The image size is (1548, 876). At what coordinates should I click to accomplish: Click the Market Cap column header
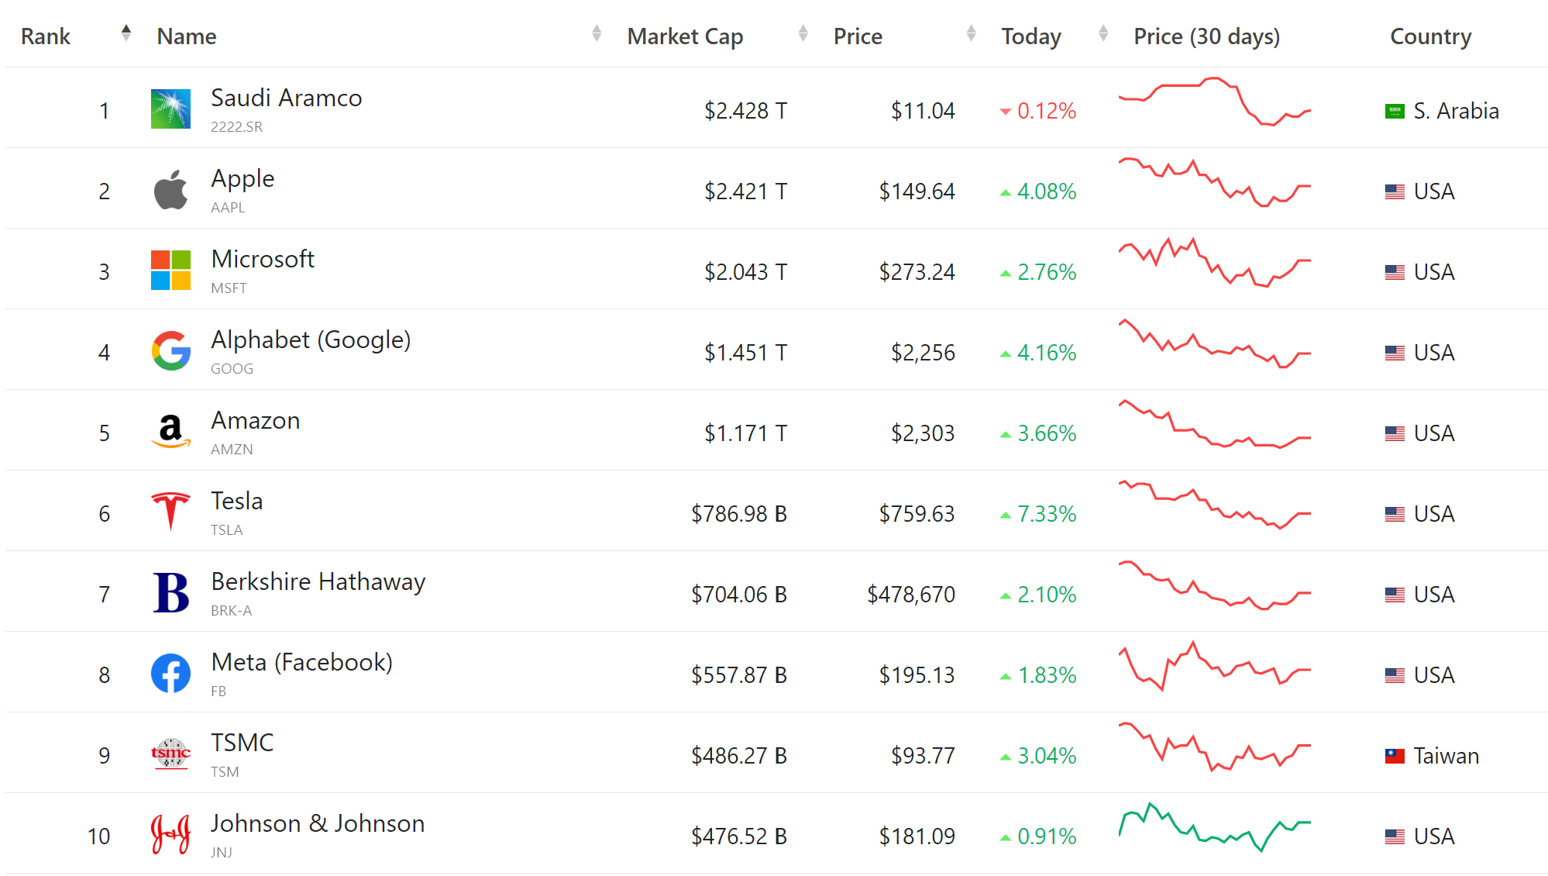[x=685, y=36]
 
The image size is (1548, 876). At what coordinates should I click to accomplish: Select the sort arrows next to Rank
[x=126, y=33]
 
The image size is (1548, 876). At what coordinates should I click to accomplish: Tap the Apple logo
[x=170, y=191]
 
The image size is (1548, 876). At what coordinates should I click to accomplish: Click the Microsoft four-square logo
[x=170, y=271]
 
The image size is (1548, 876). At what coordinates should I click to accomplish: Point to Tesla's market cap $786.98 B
[x=738, y=514]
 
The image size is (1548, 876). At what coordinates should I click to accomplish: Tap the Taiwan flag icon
[x=1395, y=756]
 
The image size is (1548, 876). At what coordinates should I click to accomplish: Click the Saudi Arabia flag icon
[x=1395, y=111]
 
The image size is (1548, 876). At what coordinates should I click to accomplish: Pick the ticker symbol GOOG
[x=232, y=369]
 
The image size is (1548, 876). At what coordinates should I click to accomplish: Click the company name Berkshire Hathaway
[x=318, y=581]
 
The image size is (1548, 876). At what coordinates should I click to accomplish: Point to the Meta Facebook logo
[x=170, y=674]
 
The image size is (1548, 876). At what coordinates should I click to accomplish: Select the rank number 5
[x=105, y=433]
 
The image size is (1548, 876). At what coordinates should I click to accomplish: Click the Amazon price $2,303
[x=922, y=433]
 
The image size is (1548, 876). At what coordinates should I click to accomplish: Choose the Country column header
[x=1430, y=36]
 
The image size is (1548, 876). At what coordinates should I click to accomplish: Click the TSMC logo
[x=170, y=754]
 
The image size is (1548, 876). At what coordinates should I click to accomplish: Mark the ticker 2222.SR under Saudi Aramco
[x=236, y=127]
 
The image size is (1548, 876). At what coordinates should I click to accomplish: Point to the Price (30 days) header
[x=1206, y=36]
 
